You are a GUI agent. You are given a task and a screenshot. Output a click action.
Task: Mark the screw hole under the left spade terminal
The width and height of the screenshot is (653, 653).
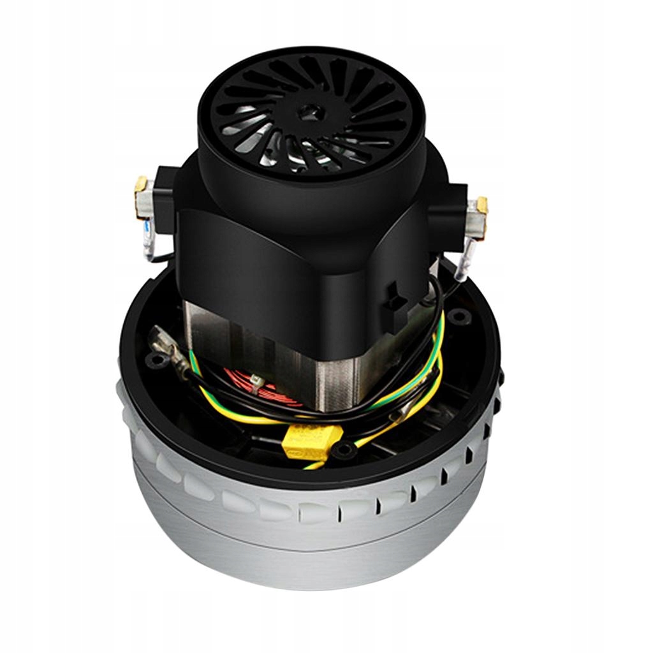pyautogui.click(x=154, y=361)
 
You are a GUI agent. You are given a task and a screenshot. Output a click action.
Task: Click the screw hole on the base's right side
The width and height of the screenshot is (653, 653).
pyautogui.click(x=457, y=315)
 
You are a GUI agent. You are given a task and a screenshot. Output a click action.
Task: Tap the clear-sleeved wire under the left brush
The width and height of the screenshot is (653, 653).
pyautogui.click(x=149, y=246)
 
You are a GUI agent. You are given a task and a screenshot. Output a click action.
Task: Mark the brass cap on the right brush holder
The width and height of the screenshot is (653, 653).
pyautogui.click(x=482, y=205)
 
